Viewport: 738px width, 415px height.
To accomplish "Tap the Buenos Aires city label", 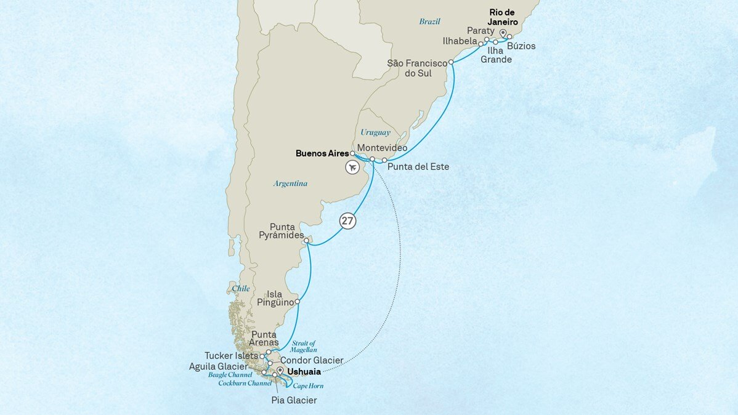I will [x=322, y=153].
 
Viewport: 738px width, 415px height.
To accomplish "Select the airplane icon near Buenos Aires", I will [x=353, y=167].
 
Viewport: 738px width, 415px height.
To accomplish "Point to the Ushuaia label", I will [x=304, y=372].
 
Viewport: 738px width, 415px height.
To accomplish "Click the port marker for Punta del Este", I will [x=384, y=160].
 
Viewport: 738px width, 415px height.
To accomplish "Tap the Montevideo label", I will [x=382, y=148].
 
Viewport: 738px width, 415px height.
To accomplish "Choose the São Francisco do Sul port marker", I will [x=452, y=62].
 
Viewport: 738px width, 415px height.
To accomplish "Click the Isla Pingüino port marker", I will [x=298, y=302].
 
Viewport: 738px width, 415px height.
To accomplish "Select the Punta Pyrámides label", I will [x=286, y=231].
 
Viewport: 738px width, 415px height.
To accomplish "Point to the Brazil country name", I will [x=430, y=22].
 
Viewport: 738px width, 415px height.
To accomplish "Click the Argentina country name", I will [x=290, y=183].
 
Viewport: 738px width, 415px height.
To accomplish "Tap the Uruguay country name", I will [x=376, y=132].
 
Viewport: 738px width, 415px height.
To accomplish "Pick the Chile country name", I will [x=241, y=288].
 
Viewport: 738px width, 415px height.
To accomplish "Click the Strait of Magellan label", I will [x=304, y=347].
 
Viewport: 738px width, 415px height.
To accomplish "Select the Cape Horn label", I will [x=308, y=386].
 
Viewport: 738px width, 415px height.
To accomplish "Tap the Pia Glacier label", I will [x=294, y=400].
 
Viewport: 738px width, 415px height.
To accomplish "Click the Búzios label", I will [x=522, y=46].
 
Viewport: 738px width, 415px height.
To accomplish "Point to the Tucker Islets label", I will [x=231, y=356].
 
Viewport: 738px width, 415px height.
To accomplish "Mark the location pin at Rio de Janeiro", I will [x=503, y=33].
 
